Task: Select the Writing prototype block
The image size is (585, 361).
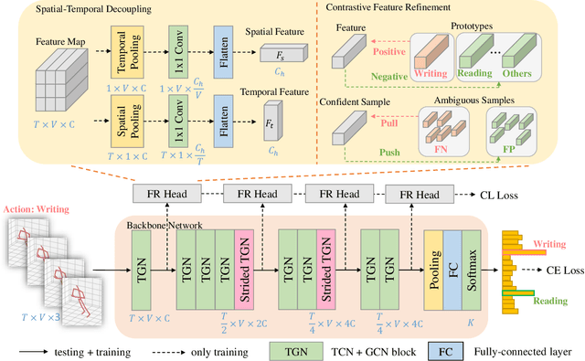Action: pos(431,58)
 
